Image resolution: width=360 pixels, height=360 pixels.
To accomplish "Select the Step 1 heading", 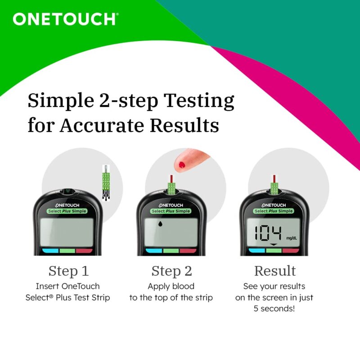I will click(x=68, y=271).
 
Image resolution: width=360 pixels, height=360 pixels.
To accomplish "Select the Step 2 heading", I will click(x=171, y=271).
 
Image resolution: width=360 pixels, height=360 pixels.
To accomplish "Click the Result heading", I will click(x=275, y=271).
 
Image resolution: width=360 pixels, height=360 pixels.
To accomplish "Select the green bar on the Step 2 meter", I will click(x=171, y=251).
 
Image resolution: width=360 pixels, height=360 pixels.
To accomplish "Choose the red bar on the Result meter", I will click(x=291, y=251).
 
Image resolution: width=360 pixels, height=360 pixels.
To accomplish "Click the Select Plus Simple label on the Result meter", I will click(x=273, y=211).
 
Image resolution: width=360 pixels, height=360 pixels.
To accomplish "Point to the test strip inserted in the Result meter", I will click(x=274, y=185).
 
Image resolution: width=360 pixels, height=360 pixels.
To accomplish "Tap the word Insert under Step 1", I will click(x=47, y=286).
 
